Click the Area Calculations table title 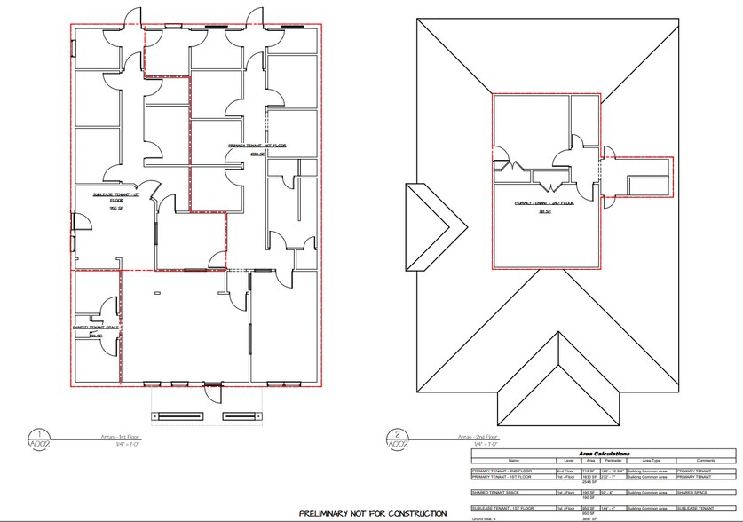tap(604, 453)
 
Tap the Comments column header tap(707, 460)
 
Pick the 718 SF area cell tap(589, 471)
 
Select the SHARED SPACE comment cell tap(694, 491)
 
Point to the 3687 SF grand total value tap(588, 518)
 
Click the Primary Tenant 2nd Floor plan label tap(545, 207)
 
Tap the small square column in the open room tap(157, 292)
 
